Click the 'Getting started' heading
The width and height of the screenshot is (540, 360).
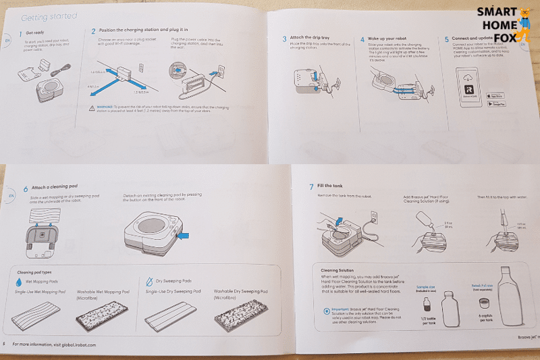[49, 16]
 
